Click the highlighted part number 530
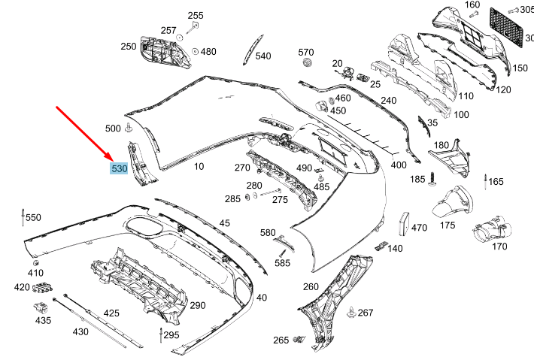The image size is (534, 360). pos(119,169)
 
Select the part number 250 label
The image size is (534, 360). pos(129,47)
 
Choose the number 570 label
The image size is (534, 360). pos(305,52)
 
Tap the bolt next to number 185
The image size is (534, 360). pos(434,179)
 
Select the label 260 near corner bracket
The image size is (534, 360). pos(311,286)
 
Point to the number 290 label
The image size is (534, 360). pos(197,305)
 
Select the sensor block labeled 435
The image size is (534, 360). pos(42,307)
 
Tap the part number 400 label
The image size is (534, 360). pos(399,165)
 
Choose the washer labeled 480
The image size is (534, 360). pos(195,52)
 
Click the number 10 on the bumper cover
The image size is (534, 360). pos(199,166)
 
